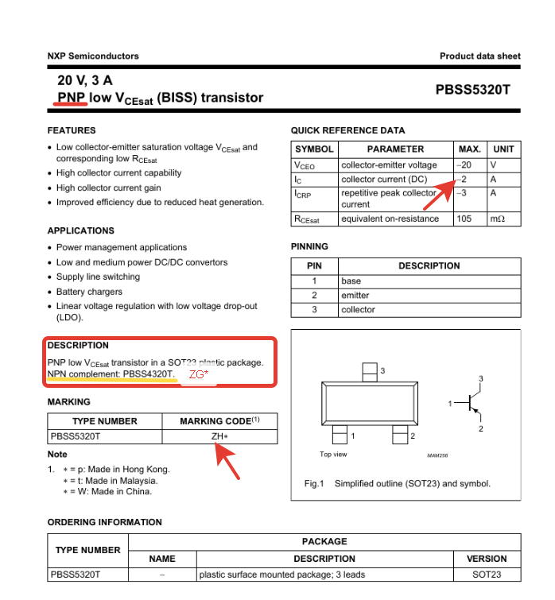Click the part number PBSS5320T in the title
[472, 90]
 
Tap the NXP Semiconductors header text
[93, 56]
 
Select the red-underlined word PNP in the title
[72, 98]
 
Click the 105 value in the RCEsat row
[464, 219]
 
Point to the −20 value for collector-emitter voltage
[464, 165]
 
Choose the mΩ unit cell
[498, 219]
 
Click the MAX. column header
[469, 149]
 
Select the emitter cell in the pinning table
[355, 296]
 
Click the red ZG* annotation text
[199, 374]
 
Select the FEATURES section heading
[72, 130]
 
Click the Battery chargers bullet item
[89, 292]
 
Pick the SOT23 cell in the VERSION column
[487, 574]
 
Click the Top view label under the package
[333, 455]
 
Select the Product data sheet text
[479, 56]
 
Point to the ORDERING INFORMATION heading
[104, 522]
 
